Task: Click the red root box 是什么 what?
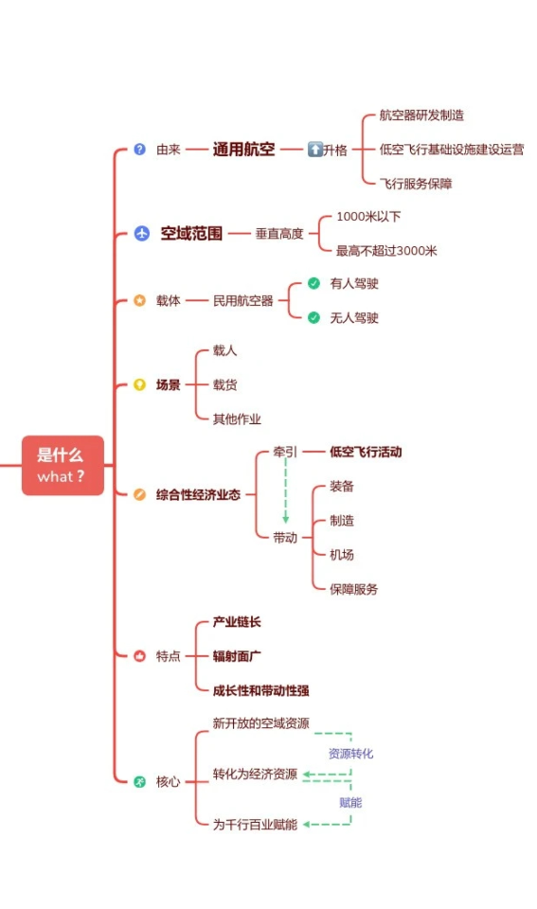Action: [63, 466]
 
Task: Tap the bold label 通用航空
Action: [243, 150]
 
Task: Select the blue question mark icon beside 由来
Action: [140, 149]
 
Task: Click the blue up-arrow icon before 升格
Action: [314, 150]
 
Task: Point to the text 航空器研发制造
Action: [421, 115]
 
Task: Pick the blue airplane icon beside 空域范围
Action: [141, 233]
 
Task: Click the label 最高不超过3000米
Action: [386, 250]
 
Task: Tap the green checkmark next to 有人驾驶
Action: [313, 283]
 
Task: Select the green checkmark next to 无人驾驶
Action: [313, 318]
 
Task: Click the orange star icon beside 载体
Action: [140, 300]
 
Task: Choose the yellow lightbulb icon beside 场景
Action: [140, 384]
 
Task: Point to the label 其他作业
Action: [237, 419]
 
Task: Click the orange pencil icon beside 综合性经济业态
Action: [140, 494]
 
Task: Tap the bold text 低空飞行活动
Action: [366, 452]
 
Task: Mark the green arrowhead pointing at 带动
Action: [285, 520]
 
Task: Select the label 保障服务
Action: [354, 589]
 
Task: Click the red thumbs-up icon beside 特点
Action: [140, 655]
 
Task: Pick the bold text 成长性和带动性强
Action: [261, 690]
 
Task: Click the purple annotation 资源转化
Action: [350, 754]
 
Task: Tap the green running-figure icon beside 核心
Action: [140, 781]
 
